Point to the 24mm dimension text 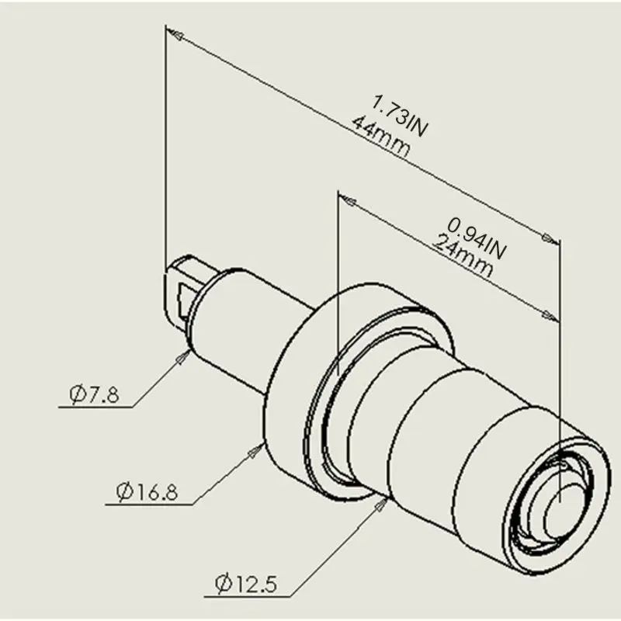pos(463,256)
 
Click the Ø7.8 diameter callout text pos(94,395)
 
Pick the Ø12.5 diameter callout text pos(246,581)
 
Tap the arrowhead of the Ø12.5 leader pos(383,504)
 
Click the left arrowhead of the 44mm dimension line pos(175,35)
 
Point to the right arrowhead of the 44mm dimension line pos(550,236)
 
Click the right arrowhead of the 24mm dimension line pos(552,316)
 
